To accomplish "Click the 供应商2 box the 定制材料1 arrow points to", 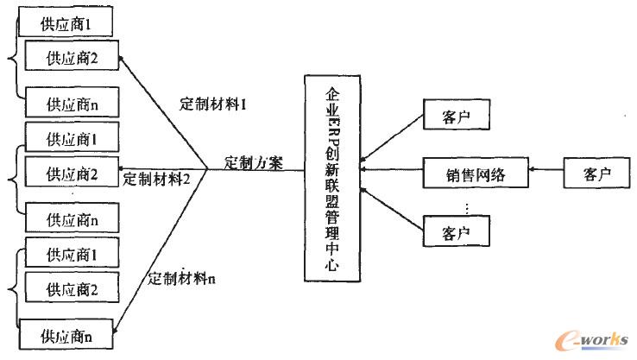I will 70,58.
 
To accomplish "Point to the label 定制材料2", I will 156,179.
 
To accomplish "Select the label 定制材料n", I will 181,278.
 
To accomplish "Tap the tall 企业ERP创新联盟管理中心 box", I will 332,177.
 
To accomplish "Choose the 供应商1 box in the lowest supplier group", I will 70,256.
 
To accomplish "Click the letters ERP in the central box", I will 332,129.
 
